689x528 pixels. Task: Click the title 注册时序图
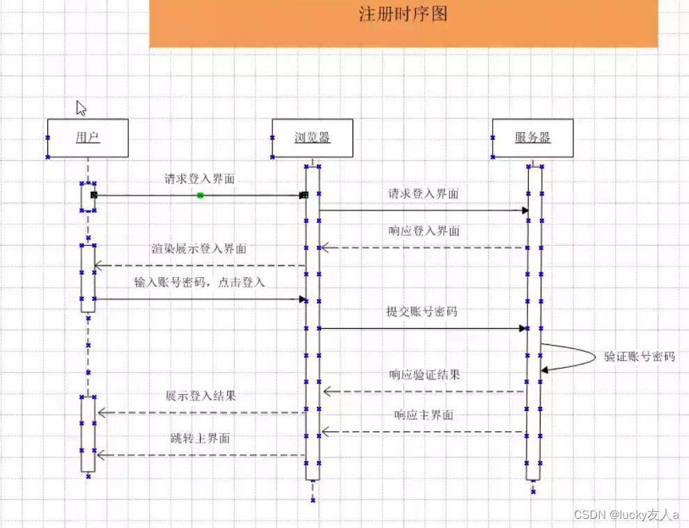403,15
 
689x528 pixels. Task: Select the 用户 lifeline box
88,138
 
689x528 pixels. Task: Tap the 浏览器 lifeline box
312,138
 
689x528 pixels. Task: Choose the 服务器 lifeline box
533,138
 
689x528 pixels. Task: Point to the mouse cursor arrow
81,108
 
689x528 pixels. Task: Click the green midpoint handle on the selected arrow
200,196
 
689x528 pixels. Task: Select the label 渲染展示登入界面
199,249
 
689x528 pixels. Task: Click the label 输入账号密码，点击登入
200,283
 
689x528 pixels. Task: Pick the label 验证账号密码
640,357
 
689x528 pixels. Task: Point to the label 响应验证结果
424,375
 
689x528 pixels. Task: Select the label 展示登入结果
201,396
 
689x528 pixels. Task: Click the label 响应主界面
424,415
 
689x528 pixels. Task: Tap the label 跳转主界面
200,439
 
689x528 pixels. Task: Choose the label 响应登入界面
424,231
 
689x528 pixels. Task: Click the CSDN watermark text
626,515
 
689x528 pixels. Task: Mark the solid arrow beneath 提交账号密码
422,328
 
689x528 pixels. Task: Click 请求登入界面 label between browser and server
423,194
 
